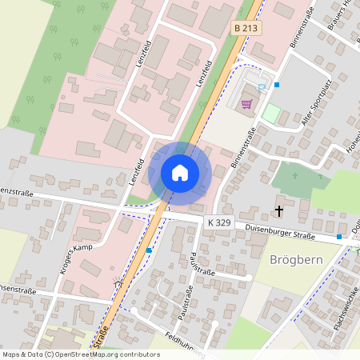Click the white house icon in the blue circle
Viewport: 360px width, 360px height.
click(179, 172)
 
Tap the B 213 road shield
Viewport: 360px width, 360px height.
click(246, 28)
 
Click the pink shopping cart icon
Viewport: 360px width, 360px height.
click(247, 103)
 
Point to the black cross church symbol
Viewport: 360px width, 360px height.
click(279, 211)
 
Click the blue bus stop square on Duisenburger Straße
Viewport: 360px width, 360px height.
click(339, 237)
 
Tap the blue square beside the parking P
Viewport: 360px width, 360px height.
click(277, 84)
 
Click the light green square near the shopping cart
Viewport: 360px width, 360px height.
click(272, 113)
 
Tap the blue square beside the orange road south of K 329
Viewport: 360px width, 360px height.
click(149, 250)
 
